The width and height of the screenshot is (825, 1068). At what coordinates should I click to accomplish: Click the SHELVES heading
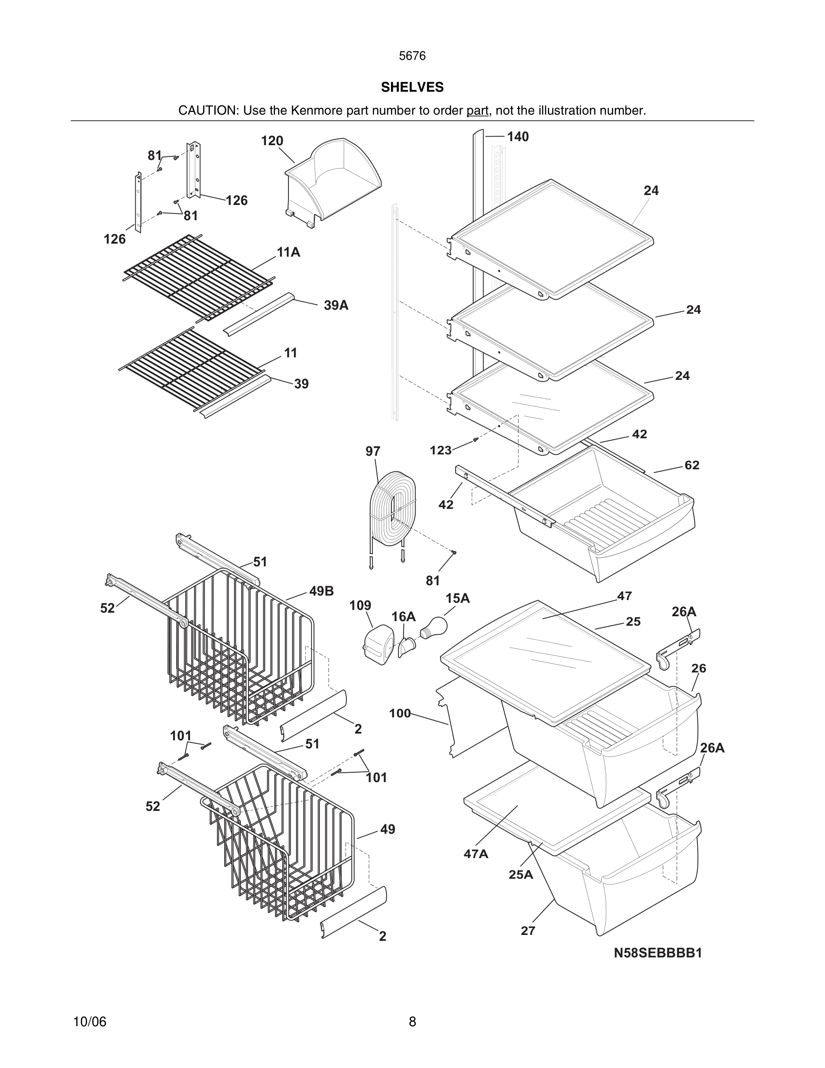click(412, 87)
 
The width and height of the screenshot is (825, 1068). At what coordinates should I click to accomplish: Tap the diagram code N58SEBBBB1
click(658, 952)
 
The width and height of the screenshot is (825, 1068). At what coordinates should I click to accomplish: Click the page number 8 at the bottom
click(412, 1022)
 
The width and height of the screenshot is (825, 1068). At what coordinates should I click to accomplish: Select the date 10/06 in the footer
click(89, 1022)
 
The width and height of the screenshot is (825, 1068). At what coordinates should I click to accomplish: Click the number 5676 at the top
click(412, 56)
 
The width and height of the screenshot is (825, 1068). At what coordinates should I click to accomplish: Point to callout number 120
click(272, 141)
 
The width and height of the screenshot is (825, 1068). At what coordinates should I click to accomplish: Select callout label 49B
click(321, 591)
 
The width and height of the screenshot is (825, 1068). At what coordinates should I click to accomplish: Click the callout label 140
click(518, 137)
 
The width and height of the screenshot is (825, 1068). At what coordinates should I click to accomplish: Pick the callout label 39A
click(336, 306)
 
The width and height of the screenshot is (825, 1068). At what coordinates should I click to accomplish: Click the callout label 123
click(440, 450)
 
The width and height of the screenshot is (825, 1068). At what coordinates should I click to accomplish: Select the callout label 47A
click(475, 854)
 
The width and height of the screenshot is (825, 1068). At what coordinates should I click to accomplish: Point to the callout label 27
click(528, 930)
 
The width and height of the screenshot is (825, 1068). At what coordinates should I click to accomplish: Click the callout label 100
click(400, 713)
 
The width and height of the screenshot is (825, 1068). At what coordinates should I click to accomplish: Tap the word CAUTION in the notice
click(207, 111)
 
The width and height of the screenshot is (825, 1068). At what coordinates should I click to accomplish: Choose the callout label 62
click(692, 465)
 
